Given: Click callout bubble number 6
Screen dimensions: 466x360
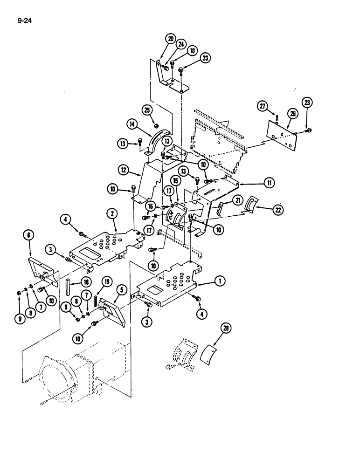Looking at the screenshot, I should (x=29, y=236).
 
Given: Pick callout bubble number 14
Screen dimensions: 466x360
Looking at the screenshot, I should (x=132, y=124).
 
